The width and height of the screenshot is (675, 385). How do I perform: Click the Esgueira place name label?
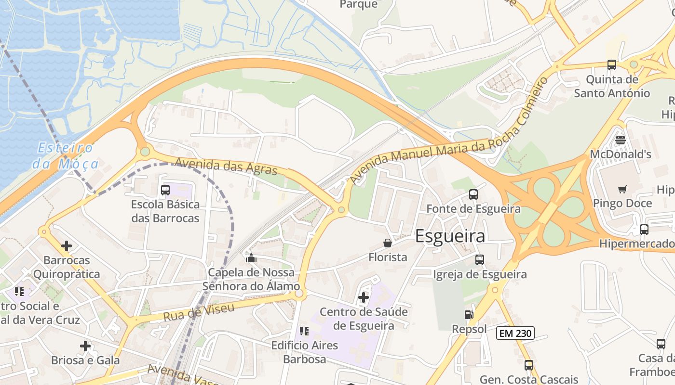[x=450, y=236]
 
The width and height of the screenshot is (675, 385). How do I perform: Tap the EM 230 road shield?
[x=515, y=333]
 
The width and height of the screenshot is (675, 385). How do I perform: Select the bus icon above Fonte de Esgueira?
[x=473, y=194]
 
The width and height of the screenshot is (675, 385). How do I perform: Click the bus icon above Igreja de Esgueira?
[x=480, y=260]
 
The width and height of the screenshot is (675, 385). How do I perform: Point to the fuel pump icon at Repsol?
[x=469, y=315]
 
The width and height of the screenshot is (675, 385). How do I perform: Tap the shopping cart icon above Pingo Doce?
[x=622, y=189]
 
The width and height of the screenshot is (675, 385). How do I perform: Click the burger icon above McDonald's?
[x=621, y=140]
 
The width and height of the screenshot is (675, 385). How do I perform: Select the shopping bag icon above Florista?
[x=388, y=243]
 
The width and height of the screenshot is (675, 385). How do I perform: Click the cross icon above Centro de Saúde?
[x=364, y=298]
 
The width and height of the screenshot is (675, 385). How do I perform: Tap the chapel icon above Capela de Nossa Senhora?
[x=251, y=258]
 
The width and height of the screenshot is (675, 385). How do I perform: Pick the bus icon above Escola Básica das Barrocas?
[x=165, y=190]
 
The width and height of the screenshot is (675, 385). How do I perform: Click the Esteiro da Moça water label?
[x=66, y=155]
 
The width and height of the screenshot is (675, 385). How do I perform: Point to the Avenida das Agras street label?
[x=226, y=167]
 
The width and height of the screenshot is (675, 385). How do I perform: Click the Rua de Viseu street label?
[x=199, y=312]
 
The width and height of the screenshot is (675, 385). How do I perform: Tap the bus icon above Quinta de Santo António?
[x=612, y=65]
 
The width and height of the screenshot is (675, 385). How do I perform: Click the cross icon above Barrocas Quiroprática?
[x=67, y=246]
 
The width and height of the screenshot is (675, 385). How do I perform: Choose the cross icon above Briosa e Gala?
[x=85, y=346]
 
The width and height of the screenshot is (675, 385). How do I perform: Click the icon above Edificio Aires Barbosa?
[x=304, y=331]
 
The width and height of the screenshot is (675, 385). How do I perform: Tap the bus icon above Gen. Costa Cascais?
[x=529, y=365]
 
